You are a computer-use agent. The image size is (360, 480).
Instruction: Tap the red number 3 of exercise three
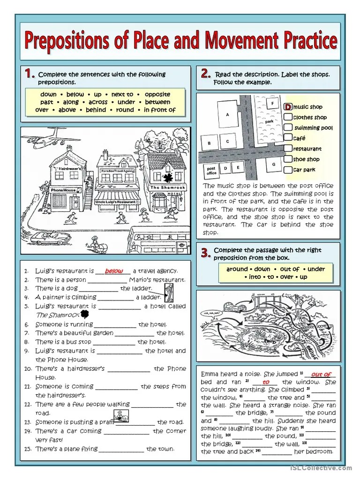tap(204, 254)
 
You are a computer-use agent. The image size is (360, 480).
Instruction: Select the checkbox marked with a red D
tap(288, 107)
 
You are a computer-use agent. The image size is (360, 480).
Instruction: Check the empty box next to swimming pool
tap(288, 127)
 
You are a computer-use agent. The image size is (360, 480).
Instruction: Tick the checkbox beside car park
tap(288, 170)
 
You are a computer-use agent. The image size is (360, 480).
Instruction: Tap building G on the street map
tap(273, 165)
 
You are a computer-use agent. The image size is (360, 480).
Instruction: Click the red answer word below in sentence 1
tap(114, 271)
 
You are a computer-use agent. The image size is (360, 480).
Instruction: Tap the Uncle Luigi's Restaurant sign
tap(117, 202)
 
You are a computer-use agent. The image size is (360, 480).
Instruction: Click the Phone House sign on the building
tap(63, 190)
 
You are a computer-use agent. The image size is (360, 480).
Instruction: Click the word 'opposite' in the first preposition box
tap(157, 94)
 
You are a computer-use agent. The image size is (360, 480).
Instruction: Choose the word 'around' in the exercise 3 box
tap(237, 269)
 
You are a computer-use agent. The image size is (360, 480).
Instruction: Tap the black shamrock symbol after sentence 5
tap(84, 314)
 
